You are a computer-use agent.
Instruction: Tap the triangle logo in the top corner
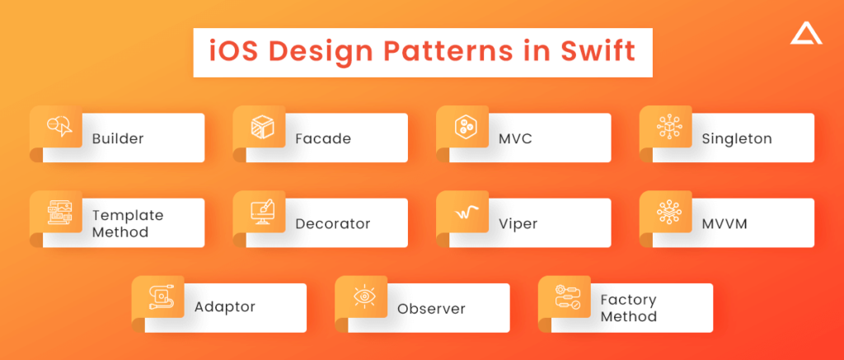coord(806,35)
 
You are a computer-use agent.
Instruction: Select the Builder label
coord(118,139)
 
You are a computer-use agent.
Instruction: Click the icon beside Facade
coord(262,128)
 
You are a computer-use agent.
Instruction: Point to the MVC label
coord(515,139)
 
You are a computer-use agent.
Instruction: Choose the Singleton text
coord(737,139)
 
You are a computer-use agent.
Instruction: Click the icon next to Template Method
coord(59,213)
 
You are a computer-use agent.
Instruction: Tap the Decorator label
coord(333,224)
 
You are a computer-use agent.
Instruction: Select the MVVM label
coord(724,224)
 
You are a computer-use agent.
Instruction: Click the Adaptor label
coord(224,307)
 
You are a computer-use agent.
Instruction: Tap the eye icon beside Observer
coord(363,297)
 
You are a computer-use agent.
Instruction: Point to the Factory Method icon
coord(568,297)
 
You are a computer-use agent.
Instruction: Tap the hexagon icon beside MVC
coord(465,128)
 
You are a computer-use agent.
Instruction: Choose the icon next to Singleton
coord(669,128)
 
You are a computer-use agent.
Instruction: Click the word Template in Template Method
coord(128,216)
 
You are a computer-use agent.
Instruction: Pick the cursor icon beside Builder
coord(59,127)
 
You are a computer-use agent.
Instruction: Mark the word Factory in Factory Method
coord(628,300)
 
